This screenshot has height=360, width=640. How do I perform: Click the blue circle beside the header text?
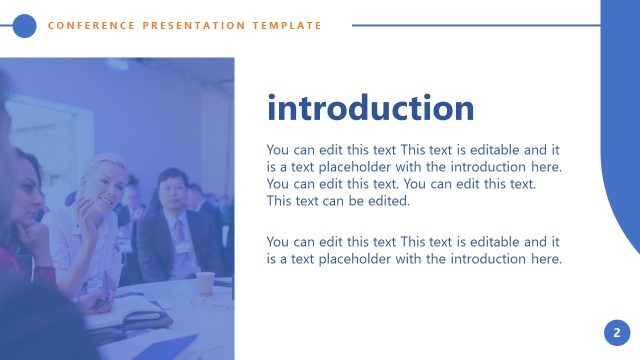point(25,26)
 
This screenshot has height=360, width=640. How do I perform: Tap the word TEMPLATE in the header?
point(290,26)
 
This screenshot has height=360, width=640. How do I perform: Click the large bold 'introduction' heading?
point(370,108)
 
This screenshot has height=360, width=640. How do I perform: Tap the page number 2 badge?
point(617,333)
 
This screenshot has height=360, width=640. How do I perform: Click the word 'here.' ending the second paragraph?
point(543,259)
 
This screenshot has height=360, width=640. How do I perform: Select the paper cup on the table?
point(205,283)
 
